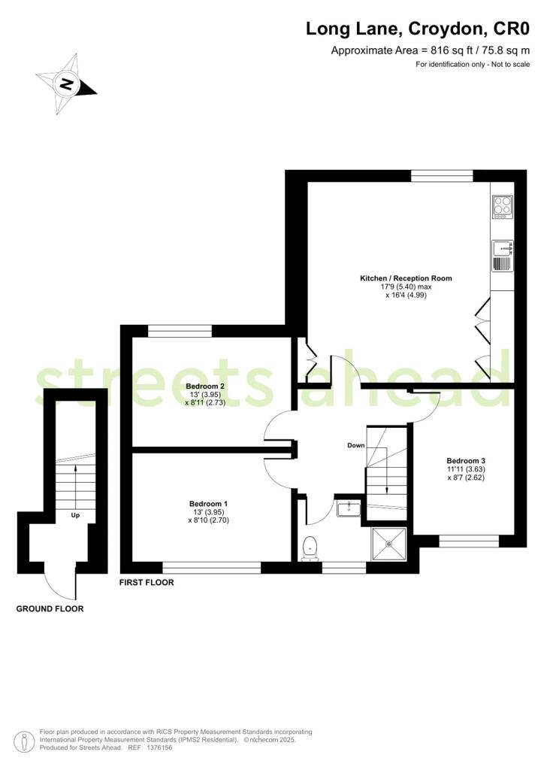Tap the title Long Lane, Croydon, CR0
pyautogui.click(x=418, y=29)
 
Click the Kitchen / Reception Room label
pyautogui.click(x=406, y=278)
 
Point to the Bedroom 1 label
pyautogui.click(x=208, y=503)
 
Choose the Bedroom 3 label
pyautogui.click(x=466, y=461)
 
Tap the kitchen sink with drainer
pyautogui.click(x=503, y=256)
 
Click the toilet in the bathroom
pyautogui.click(x=310, y=548)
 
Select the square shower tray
pyautogui.click(x=389, y=544)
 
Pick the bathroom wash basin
pyautogui.click(x=349, y=508)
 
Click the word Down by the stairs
pyautogui.click(x=356, y=445)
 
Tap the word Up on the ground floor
pyautogui.click(x=76, y=515)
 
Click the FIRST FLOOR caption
pyautogui.click(x=147, y=583)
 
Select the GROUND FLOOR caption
pyautogui.click(x=50, y=609)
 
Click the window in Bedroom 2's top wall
pyautogui.click(x=180, y=332)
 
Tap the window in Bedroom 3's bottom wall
pyautogui.click(x=469, y=541)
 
